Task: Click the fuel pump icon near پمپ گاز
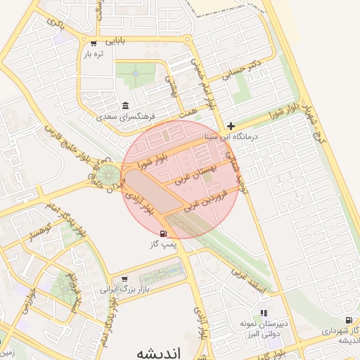tap(164, 234)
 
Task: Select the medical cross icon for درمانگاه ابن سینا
tap(231, 126)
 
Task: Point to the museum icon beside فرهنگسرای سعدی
tap(125, 106)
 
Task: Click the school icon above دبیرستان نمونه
tap(264, 313)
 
